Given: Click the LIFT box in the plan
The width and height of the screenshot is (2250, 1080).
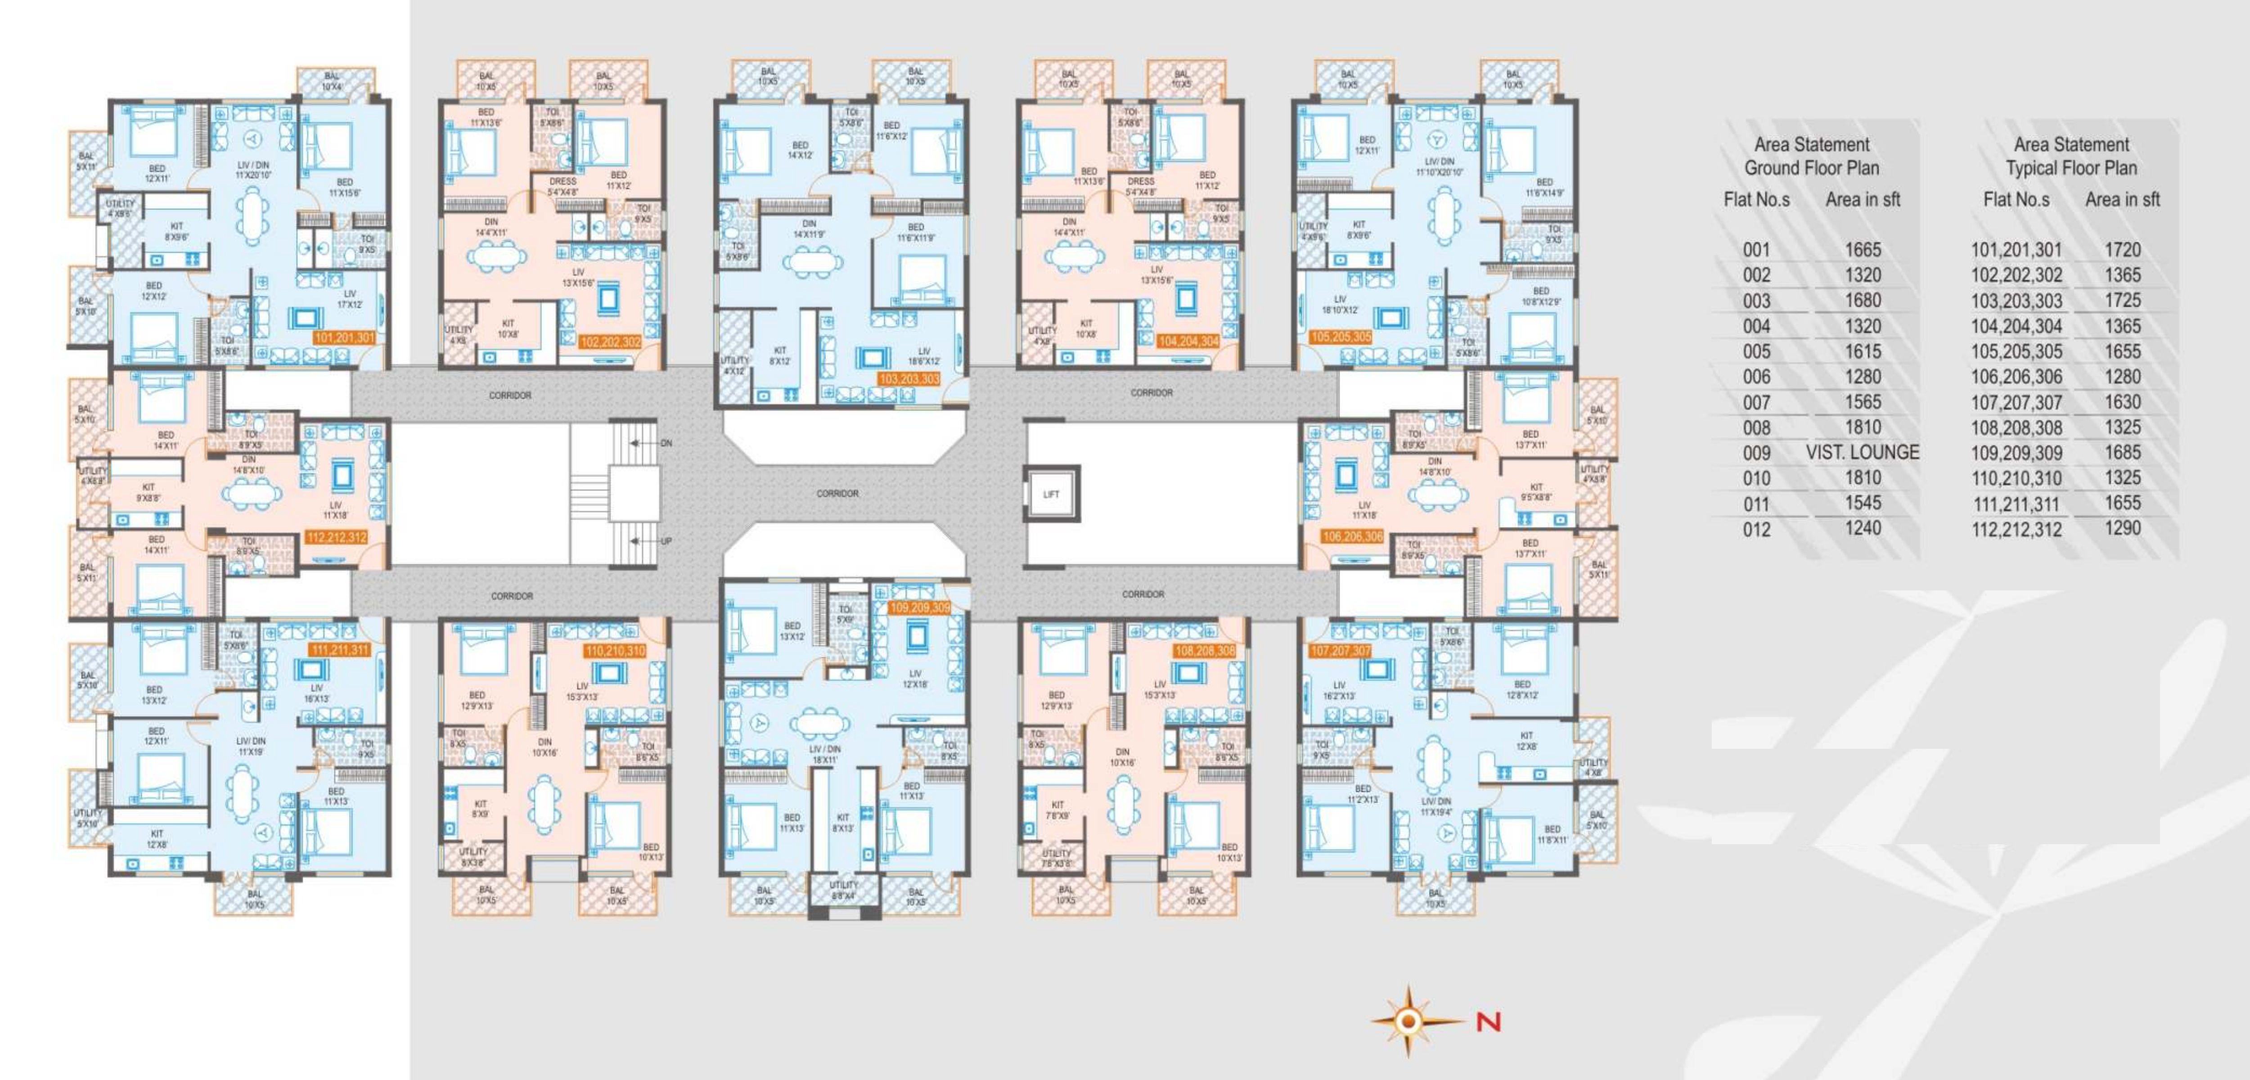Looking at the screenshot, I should (1051, 495).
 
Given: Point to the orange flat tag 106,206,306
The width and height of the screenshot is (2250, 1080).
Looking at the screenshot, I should (1352, 536).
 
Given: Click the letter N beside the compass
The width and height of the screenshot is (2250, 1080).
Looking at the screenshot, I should (1488, 1021).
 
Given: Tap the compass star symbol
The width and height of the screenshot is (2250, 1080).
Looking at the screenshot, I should (1407, 1021).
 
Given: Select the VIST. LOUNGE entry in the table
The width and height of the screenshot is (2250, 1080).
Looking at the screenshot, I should (1862, 453).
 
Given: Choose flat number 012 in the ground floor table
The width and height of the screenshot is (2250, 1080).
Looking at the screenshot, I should (1756, 530).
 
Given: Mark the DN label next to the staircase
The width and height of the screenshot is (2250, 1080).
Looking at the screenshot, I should (666, 443).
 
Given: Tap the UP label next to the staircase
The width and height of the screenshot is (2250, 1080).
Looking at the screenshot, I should (666, 542).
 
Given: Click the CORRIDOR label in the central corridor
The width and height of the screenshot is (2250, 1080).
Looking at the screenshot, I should (837, 494).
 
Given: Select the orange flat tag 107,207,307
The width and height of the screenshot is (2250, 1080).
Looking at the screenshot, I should (1340, 651).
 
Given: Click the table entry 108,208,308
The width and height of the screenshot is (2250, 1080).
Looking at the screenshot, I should (2016, 428).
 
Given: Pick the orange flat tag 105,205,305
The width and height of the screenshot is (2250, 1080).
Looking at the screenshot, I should (1341, 337).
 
